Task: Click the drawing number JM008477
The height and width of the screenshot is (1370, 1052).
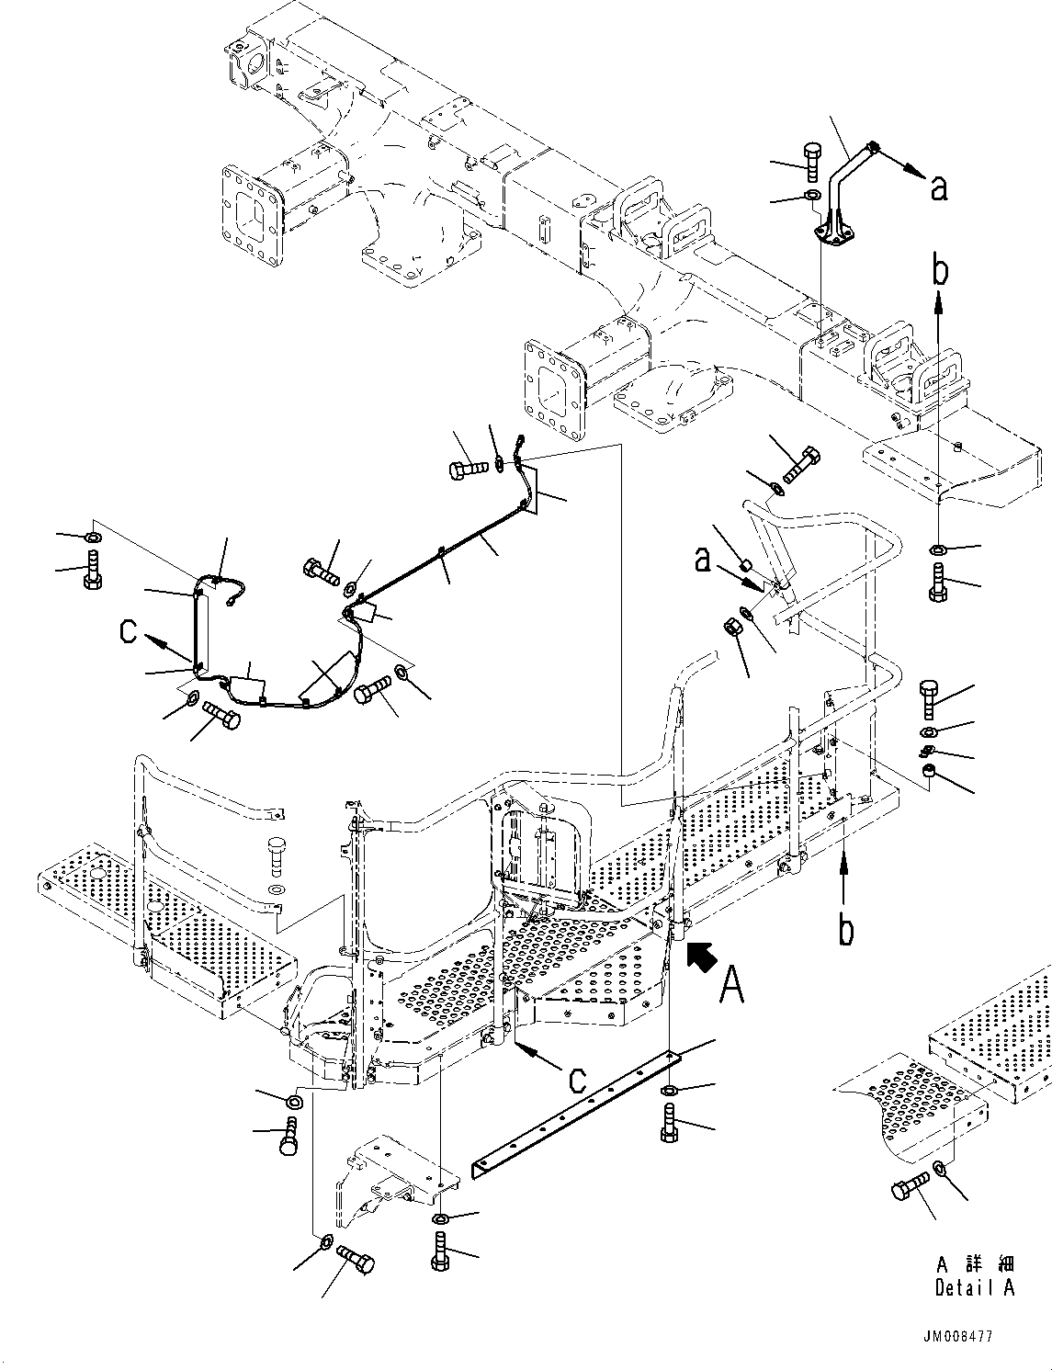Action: [957, 1337]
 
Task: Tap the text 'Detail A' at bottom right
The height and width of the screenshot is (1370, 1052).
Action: [975, 1287]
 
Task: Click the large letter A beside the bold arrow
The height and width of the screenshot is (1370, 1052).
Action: [732, 985]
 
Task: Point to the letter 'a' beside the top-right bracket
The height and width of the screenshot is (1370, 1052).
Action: [938, 188]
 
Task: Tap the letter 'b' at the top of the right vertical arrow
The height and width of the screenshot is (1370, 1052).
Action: [940, 273]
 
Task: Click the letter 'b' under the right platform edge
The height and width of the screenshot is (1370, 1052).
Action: [846, 929]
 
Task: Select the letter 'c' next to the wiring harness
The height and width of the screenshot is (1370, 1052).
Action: [130, 632]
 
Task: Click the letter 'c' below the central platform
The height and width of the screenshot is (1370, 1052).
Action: [576, 1079]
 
